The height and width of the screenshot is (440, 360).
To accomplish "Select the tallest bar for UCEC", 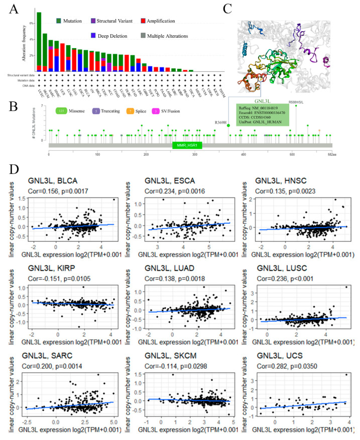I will click(39, 42).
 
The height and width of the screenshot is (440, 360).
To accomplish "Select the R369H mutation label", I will click(220, 122).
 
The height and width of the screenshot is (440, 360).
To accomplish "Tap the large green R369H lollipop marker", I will click(228, 125).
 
